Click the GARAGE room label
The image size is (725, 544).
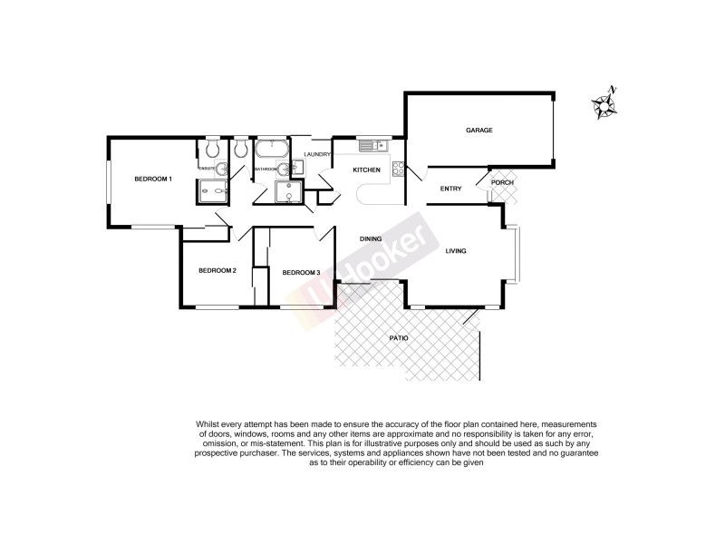[479, 131]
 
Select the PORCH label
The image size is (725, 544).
[502, 182]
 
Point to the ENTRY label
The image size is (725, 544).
[450, 189]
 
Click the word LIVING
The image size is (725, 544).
[455, 251]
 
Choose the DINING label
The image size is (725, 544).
[370, 239]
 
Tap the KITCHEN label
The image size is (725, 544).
[366, 170]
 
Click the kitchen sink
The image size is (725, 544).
[372, 145]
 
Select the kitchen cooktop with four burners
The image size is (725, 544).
[397, 167]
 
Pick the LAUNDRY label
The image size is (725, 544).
[318, 155]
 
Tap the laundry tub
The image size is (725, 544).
[298, 168]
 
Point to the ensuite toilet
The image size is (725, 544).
[211, 148]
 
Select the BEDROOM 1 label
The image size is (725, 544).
[153, 179]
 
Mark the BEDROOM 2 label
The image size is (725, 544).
[217, 270]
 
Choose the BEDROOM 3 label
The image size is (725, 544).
[301, 272]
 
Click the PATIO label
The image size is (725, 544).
[399, 338]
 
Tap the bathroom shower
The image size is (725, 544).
[289, 191]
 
